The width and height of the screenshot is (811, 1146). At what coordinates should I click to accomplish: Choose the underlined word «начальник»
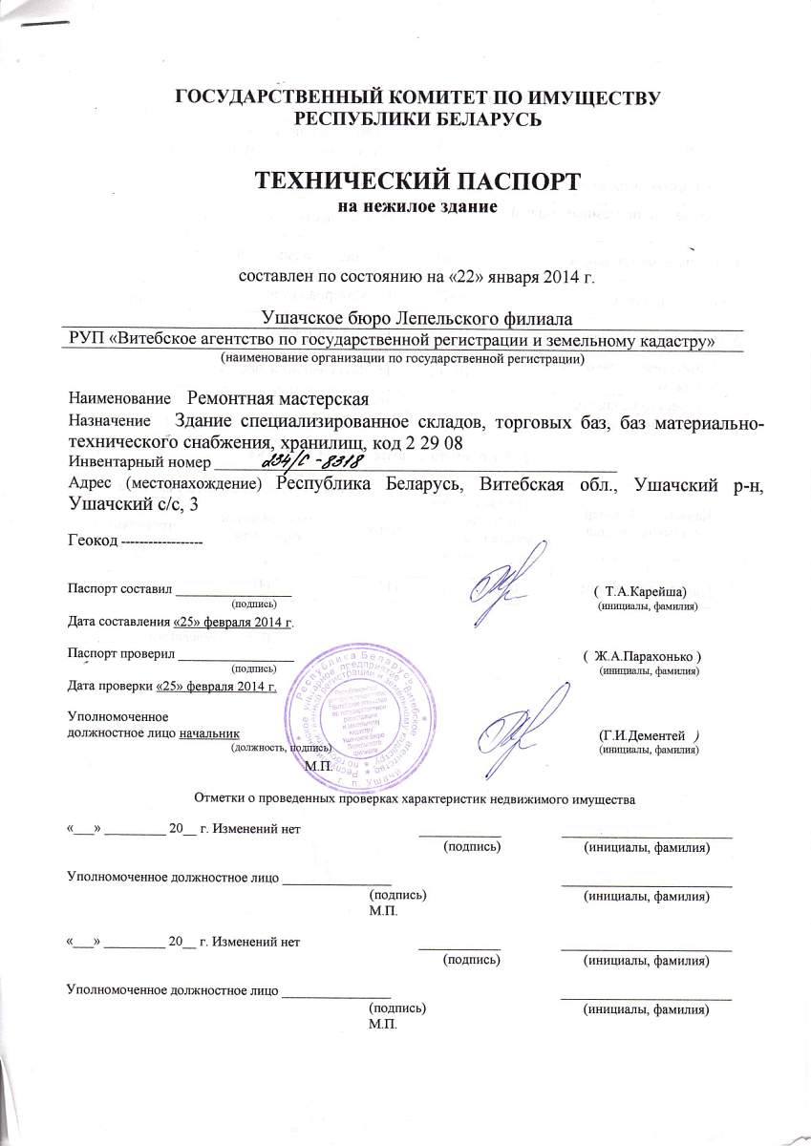(208, 732)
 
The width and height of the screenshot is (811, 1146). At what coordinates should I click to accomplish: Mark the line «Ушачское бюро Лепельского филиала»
(416, 317)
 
